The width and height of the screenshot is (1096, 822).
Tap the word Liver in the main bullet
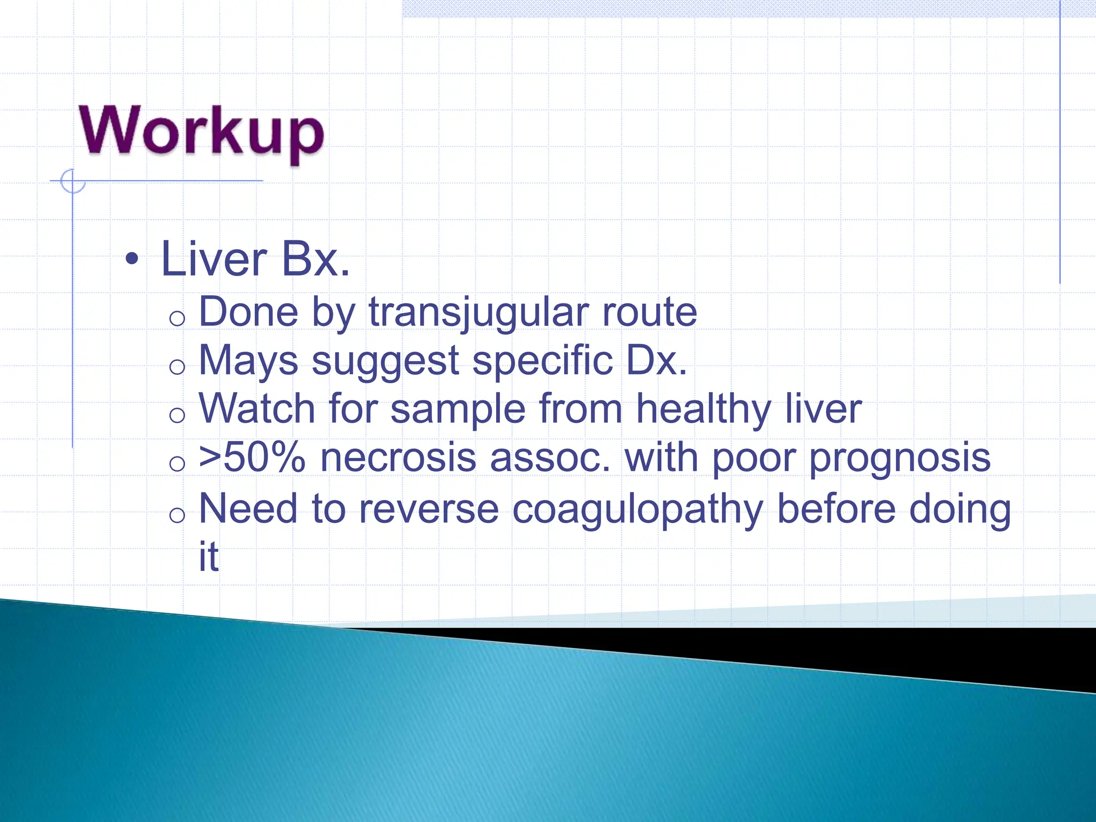point(214,260)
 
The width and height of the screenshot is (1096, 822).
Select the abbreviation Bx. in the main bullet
point(316,260)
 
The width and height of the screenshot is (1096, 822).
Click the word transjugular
point(478,312)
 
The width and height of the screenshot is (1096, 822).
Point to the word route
point(649,312)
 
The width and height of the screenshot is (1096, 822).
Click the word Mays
point(248,361)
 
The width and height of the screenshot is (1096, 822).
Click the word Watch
point(257,409)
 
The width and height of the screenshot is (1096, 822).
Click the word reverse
point(429,509)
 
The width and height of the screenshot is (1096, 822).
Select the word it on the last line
point(209,557)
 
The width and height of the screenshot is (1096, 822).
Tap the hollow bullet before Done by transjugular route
point(177,319)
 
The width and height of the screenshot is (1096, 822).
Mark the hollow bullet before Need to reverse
point(177,515)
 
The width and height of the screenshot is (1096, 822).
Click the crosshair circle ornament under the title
point(72,181)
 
